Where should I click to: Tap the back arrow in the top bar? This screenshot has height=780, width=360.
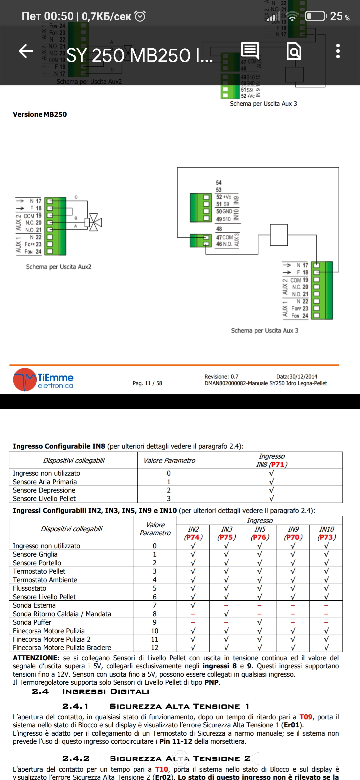pyautogui.click(x=26, y=51)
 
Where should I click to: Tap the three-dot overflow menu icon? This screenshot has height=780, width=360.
pyautogui.click(x=338, y=51)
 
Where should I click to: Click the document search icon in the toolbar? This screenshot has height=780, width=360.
pyautogui.click(x=294, y=51)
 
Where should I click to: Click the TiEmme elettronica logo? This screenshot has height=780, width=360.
pyautogui.click(x=43, y=380)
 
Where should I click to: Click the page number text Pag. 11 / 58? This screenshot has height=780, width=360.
pyautogui.click(x=147, y=383)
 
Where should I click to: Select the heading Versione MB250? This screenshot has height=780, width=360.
pyautogui.click(x=40, y=114)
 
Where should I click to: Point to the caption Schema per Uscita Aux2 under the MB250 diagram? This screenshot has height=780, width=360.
pyautogui.click(x=59, y=267)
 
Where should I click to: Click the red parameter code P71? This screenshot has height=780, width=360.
pyautogui.click(x=277, y=464)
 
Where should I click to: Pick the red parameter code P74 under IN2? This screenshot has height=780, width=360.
pyautogui.click(x=193, y=537)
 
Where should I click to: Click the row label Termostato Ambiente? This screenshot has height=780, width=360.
pyautogui.click(x=45, y=580)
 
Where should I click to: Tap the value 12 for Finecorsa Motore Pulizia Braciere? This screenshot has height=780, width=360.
pyautogui.click(x=155, y=647)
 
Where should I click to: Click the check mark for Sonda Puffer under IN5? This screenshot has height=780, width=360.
pyautogui.click(x=260, y=622)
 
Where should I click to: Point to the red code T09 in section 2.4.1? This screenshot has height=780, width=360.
pyautogui.click(x=306, y=717)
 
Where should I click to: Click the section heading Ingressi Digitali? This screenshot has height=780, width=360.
pyautogui.click(x=106, y=691)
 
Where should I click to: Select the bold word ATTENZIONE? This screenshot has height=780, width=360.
pyautogui.click(x=36, y=658)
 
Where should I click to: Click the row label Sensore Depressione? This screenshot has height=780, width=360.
pyautogui.click(x=44, y=490)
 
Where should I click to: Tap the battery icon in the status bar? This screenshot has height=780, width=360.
pyautogui.click(x=315, y=16)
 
